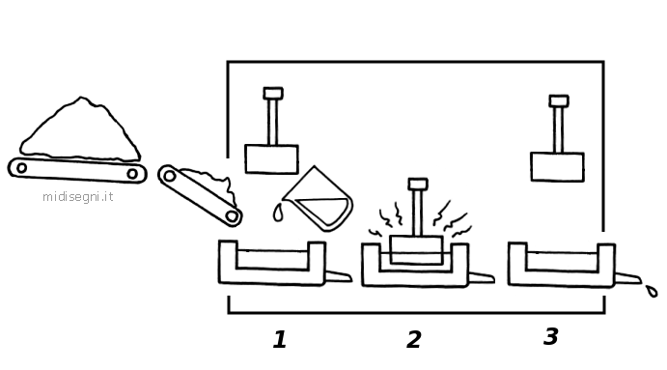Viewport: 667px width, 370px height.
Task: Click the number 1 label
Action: point(280,340)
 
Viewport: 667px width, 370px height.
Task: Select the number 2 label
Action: point(414,340)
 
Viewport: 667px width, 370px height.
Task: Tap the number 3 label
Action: point(551,336)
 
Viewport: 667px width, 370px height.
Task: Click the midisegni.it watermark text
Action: point(78,197)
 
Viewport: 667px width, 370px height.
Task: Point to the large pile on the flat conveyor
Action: point(80,129)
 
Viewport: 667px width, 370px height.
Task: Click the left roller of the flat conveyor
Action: point(21,168)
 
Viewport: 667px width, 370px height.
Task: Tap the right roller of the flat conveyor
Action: point(132,174)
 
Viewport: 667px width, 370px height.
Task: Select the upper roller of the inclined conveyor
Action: point(169,176)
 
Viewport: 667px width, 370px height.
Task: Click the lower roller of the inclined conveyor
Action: point(232,216)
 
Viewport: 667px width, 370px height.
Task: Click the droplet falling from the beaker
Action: point(278,213)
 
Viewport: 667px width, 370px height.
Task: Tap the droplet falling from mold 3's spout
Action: point(652,291)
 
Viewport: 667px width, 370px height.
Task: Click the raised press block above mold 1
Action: point(271,159)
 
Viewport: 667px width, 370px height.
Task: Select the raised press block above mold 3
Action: point(557,167)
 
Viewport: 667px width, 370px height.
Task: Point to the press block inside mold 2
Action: point(416,250)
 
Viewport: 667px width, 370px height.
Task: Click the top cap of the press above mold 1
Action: point(273,94)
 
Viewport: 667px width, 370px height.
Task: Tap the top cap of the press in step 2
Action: point(418,184)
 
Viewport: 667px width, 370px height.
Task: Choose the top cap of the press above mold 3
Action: point(559,100)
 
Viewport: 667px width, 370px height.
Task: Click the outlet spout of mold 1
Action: point(339,276)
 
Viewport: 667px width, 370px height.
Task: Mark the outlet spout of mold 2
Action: point(482,278)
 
